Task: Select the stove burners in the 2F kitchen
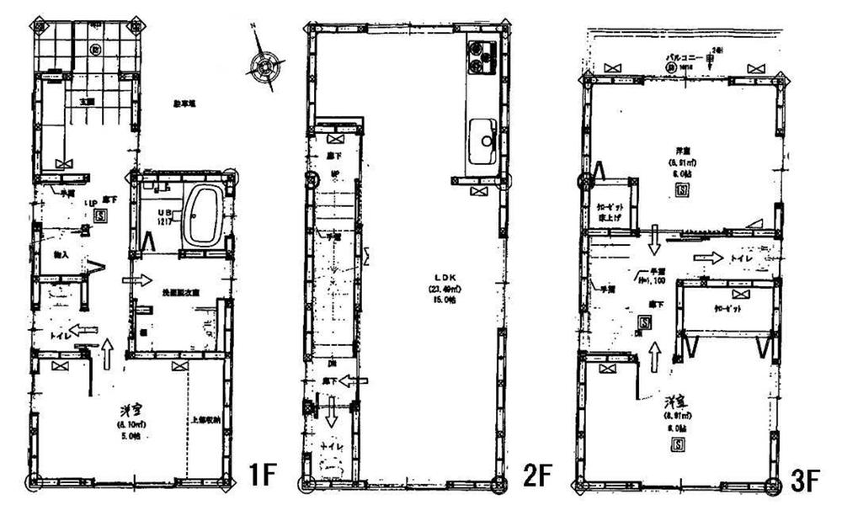[481, 56]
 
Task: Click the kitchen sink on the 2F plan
[484, 136]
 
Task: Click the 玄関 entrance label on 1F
[86, 101]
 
